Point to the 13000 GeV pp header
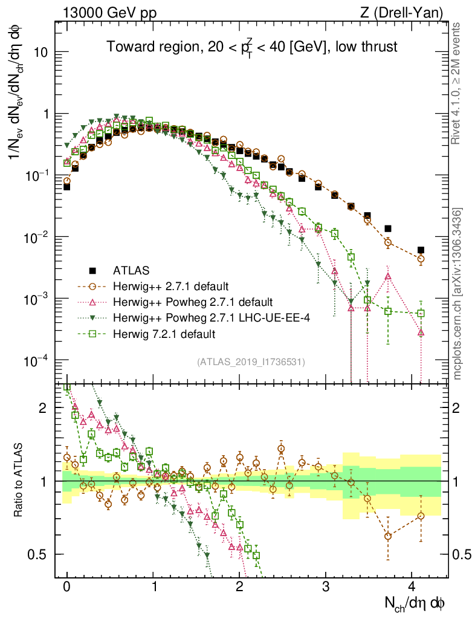(x=109, y=13)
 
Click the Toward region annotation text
(x=252, y=47)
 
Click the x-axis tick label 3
(x=326, y=586)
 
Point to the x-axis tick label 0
(x=66, y=586)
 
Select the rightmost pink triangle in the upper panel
(x=421, y=332)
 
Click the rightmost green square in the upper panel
(x=421, y=313)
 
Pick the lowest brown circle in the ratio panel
(x=388, y=536)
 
